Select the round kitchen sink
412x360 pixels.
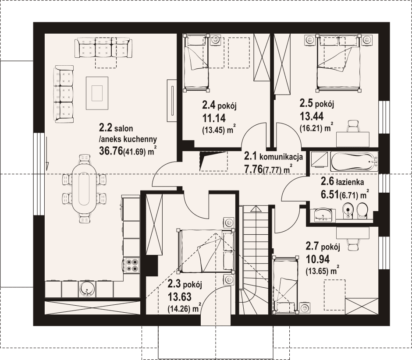(86, 289)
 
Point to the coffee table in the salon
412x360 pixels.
(97, 93)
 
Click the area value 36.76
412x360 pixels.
(111, 151)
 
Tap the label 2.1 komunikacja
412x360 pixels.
(273, 157)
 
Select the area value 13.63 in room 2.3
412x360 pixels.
(179, 297)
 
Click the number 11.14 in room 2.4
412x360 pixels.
(214, 118)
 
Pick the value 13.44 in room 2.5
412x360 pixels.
(311, 116)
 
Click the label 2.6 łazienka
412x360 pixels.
(342, 181)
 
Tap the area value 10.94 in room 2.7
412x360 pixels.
(318, 259)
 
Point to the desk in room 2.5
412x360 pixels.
(353, 139)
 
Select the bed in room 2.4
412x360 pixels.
(196, 63)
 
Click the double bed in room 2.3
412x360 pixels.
(206, 251)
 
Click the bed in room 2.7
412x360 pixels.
(285, 285)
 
